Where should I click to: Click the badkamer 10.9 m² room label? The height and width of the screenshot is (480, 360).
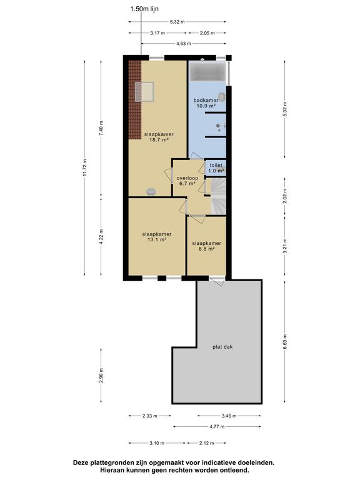(206, 103)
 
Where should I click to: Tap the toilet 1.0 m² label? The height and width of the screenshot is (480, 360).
(216, 168)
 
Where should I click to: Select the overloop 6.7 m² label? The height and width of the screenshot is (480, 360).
(187, 181)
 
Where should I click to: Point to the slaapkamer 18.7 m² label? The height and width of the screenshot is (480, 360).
(159, 137)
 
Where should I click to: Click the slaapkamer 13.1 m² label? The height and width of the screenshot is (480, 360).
(157, 237)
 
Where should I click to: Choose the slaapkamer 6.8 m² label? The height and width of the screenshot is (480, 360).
(207, 246)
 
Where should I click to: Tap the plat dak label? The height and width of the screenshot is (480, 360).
(222, 347)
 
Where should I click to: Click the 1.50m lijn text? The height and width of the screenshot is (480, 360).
(144, 9)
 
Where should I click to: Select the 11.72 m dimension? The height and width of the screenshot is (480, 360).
(85, 167)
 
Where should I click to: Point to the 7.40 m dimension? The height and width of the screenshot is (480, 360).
(101, 129)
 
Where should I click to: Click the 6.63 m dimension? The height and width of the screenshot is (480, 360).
(285, 342)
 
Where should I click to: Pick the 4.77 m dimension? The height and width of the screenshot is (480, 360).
(217, 426)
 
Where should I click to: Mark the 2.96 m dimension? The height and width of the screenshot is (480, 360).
(101, 375)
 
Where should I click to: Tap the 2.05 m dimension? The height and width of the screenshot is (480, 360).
(207, 32)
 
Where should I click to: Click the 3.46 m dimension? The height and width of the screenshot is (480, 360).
(229, 416)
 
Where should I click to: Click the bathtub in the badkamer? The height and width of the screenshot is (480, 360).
(207, 71)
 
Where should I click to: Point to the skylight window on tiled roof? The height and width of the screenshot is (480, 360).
(144, 91)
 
